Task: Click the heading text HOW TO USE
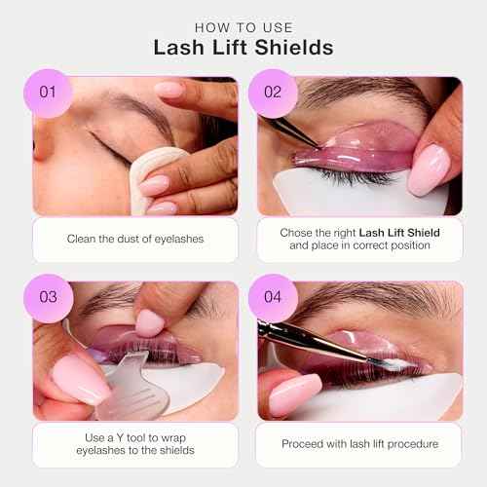[x=243, y=27]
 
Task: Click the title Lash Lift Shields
[x=243, y=49]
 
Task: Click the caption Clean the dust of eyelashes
[x=135, y=239]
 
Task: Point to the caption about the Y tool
[x=135, y=443]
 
